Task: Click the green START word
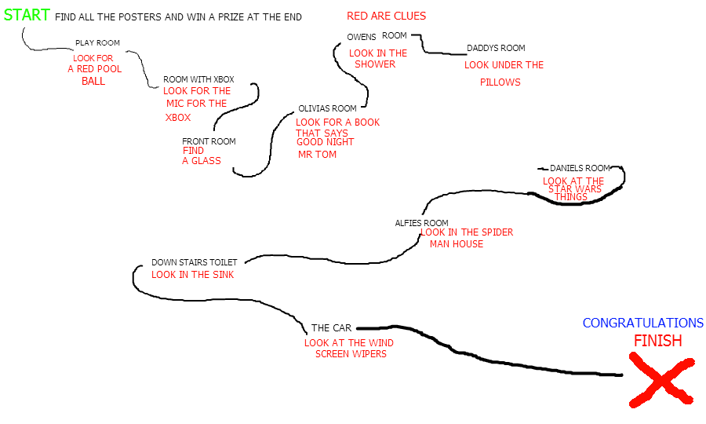coord(27,15)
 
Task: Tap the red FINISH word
coord(657,341)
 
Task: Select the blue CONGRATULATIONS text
coord(642,323)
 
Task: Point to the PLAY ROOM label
coord(97,43)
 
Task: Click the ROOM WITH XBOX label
coord(198,79)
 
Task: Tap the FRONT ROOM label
coord(209,141)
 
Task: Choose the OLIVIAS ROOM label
coord(327,108)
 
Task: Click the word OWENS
coord(362,37)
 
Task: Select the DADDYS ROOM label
coord(496,49)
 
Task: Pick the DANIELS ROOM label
coord(580,168)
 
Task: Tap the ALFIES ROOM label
coord(421,223)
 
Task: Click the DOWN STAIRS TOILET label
coord(194,262)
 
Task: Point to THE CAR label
coord(331,327)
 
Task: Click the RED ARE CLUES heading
coord(386,16)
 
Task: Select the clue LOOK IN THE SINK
coord(192,275)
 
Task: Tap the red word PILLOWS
coord(500,82)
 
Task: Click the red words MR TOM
coord(317,155)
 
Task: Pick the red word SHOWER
coord(375,64)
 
